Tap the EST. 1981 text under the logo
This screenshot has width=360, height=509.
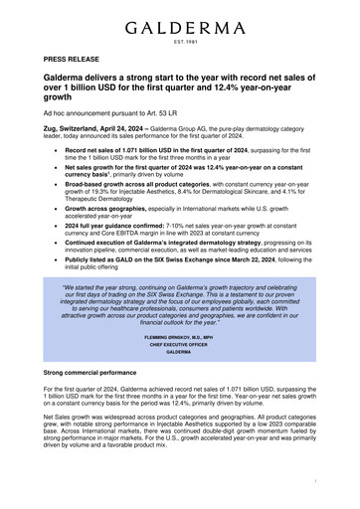pyautogui.click(x=180, y=42)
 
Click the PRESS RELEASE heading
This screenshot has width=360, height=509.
pyautogui.click(x=72, y=60)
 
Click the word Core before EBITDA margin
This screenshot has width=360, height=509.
pyautogui.click(x=112, y=231)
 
